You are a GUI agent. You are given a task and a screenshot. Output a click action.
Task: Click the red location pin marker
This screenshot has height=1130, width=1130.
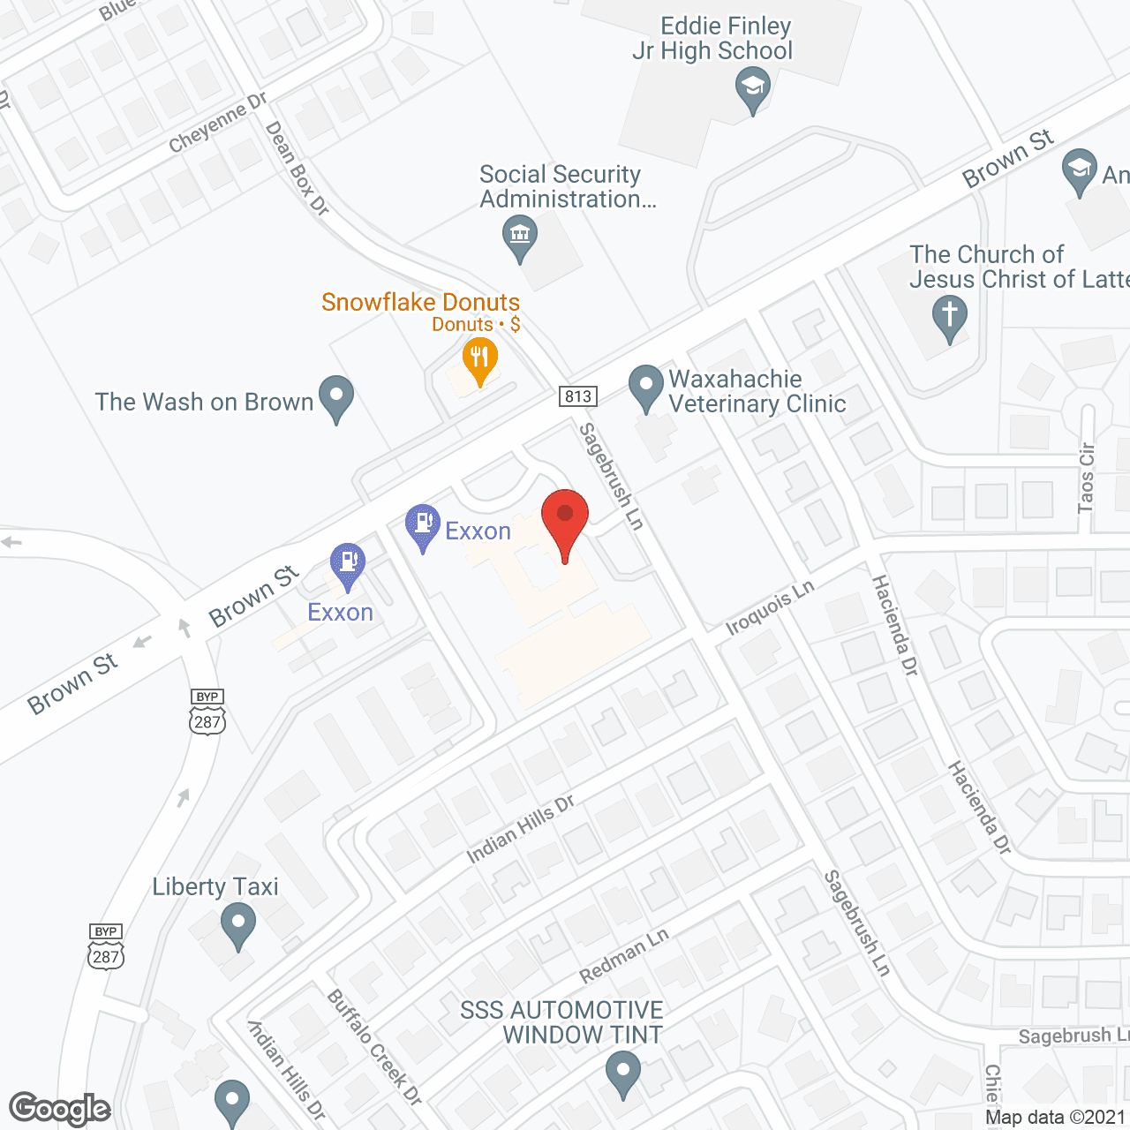click(565, 516)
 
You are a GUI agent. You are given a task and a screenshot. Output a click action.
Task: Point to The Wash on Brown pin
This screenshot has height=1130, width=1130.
click(335, 397)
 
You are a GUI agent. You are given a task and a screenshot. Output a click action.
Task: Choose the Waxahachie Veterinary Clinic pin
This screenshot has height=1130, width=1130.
click(646, 388)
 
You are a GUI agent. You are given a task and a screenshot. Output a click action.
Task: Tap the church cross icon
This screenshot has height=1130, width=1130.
click(950, 315)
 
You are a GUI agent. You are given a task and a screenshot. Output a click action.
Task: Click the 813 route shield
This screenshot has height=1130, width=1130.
click(578, 396)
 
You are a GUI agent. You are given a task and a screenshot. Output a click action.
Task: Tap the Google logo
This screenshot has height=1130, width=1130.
click(60, 1109)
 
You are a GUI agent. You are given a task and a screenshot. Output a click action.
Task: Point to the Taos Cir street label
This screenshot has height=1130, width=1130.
click(1086, 478)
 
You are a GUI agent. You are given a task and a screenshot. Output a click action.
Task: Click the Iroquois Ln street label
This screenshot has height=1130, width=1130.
click(770, 608)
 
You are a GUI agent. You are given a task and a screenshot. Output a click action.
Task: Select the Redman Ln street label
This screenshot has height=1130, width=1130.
click(624, 956)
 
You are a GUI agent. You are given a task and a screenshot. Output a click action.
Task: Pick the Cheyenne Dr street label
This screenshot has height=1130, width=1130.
click(217, 123)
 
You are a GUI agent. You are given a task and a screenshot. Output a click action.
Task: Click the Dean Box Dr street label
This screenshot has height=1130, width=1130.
click(298, 169)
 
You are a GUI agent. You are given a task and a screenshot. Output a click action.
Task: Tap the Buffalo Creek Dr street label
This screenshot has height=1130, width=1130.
click(374, 1047)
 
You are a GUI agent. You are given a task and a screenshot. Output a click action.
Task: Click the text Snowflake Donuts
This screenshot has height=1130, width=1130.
click(420, 302)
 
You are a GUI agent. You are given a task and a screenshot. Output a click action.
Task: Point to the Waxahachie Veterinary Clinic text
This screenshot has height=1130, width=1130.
click(757, 391)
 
